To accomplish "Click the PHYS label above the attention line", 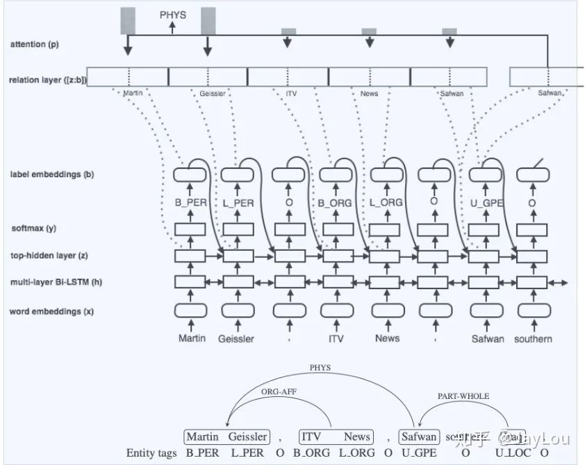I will (173, 13).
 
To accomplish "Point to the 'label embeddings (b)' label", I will (52, 174).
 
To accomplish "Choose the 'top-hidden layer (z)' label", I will (48, 256).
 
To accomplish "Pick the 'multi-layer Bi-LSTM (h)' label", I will (56, 283).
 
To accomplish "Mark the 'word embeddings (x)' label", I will (51, 311).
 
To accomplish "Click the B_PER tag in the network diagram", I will (190, 203).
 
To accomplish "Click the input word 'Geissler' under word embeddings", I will (236, 338).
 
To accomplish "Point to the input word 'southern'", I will (533, 338).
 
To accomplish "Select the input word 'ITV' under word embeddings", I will (336, 338).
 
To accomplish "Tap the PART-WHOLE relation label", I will (463, 396).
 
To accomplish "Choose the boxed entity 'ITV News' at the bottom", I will (336, 437).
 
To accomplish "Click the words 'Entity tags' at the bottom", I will (151, 453).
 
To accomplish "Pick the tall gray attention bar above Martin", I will (127, 21).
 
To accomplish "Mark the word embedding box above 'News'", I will (387, 311).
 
